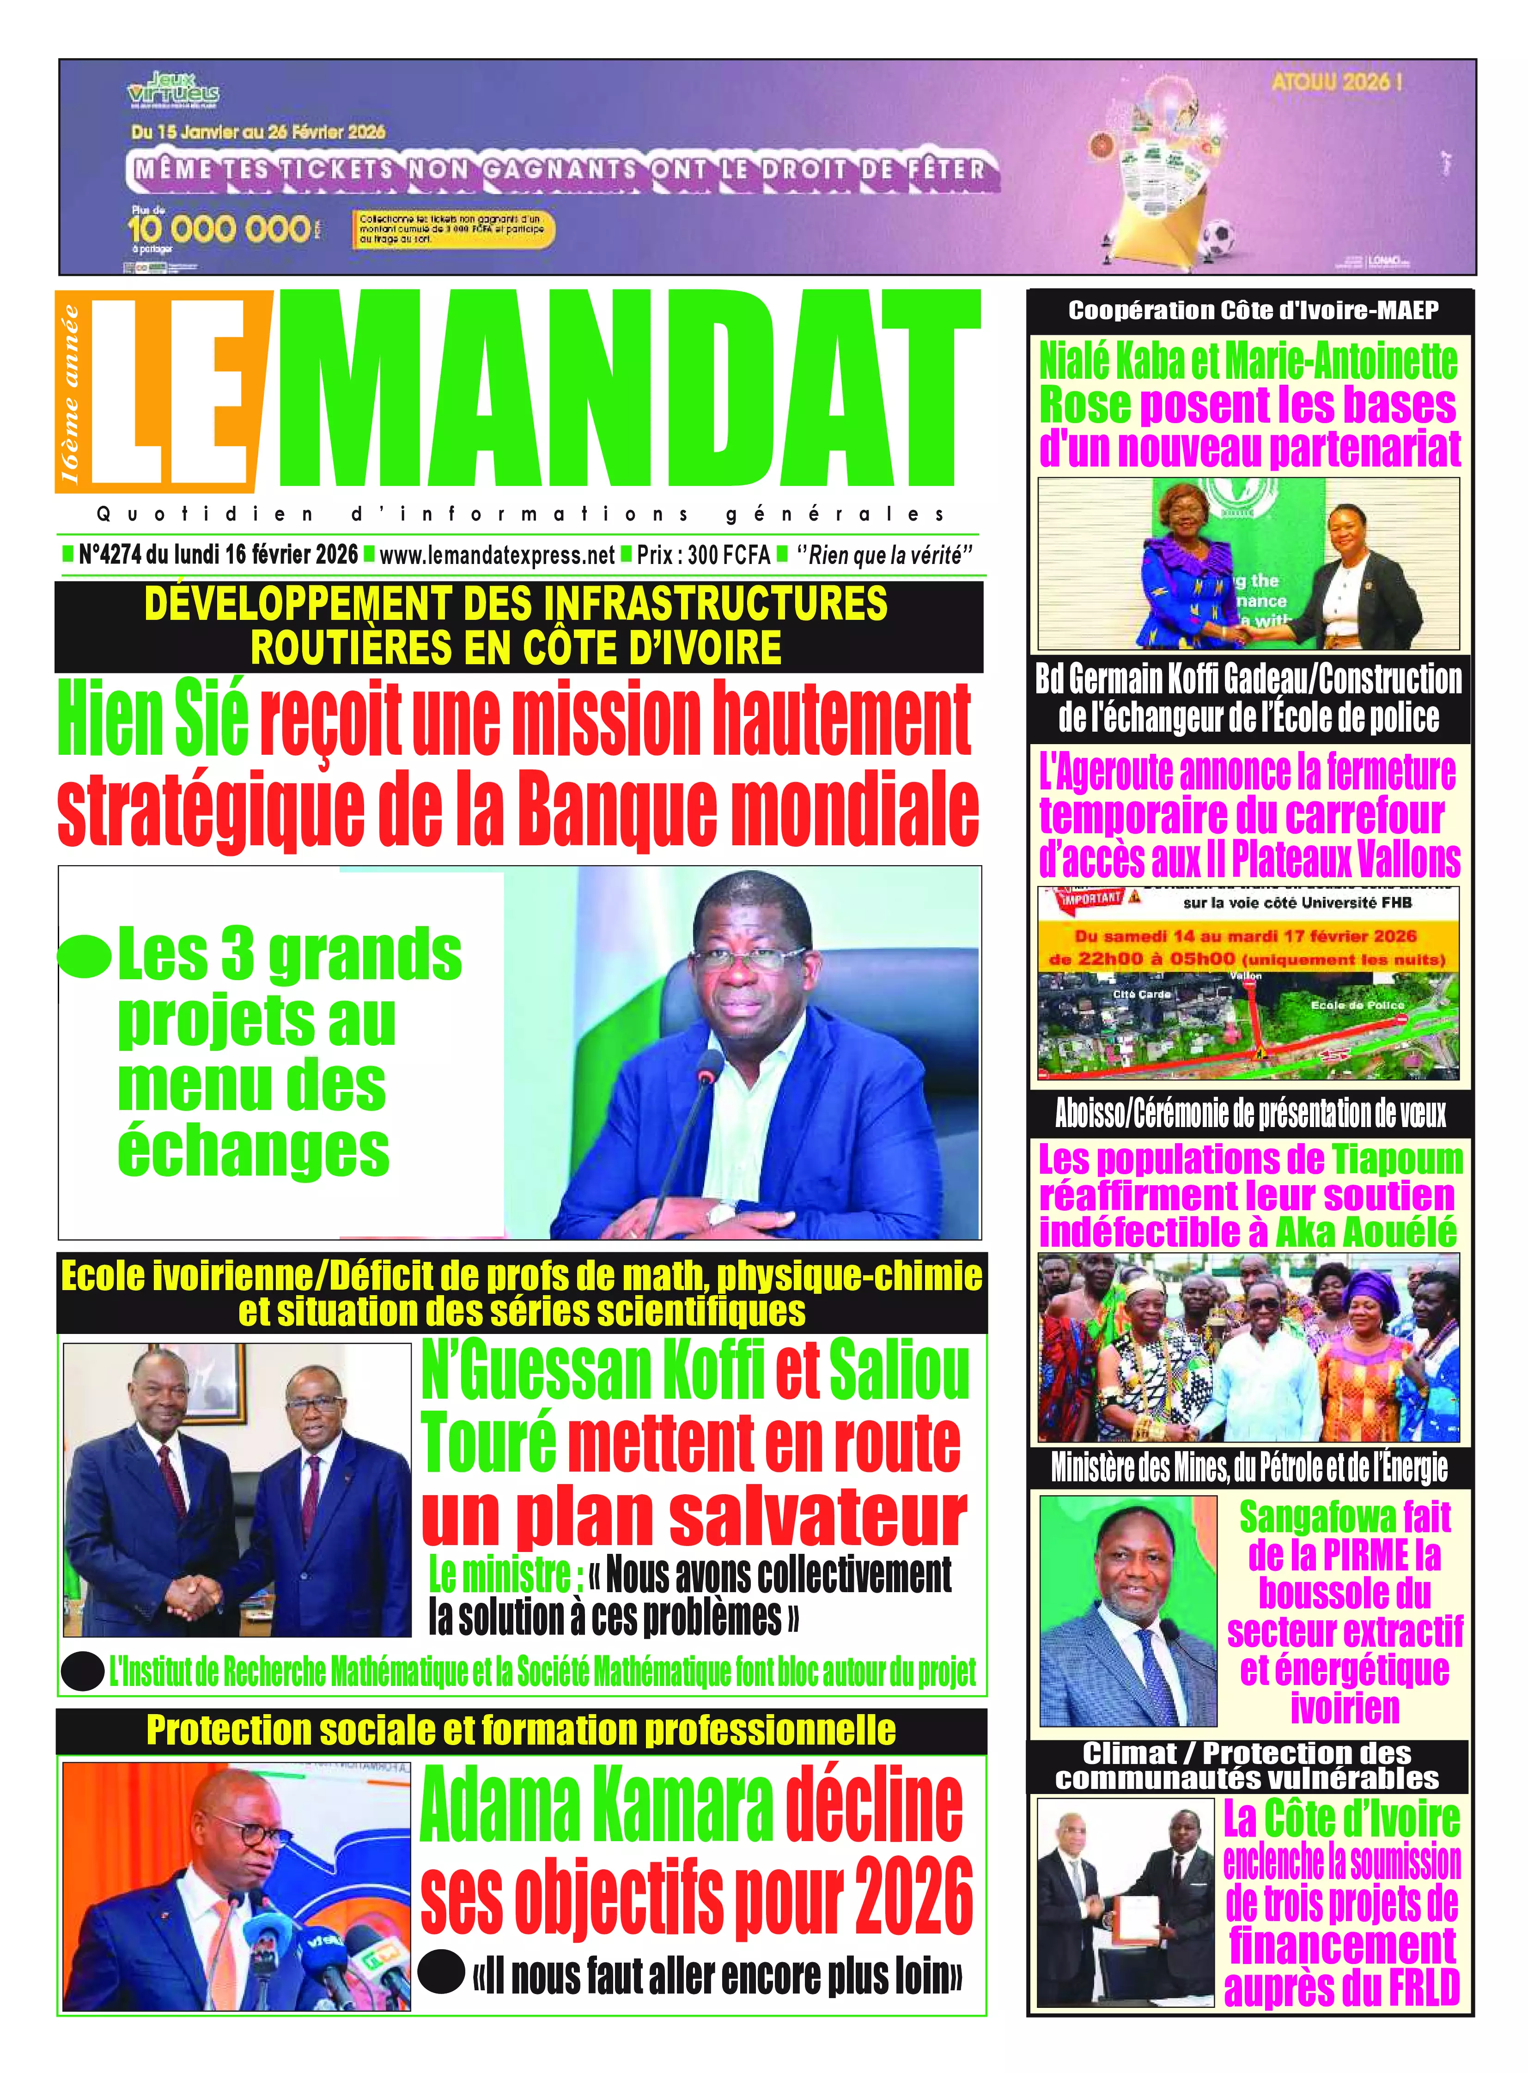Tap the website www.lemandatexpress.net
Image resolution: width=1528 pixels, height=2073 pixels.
click(497, 555)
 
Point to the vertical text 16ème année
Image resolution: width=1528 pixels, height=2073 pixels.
click(69, 393)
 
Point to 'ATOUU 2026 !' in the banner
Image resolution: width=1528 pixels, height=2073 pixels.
click(1337, 81)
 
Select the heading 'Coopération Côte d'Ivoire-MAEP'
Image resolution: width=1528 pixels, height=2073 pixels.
click(1253, 311)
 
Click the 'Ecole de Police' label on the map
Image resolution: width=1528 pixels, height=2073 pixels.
click(1357, 1005)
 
